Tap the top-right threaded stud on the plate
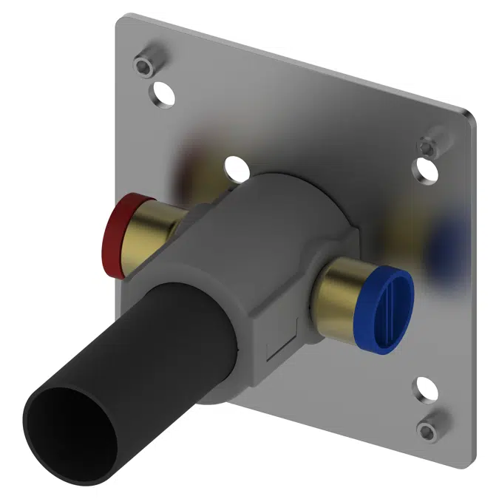[x=430, y=146]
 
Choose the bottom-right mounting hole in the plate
[x=424, y=389]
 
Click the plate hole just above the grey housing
[x=235, y=167]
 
